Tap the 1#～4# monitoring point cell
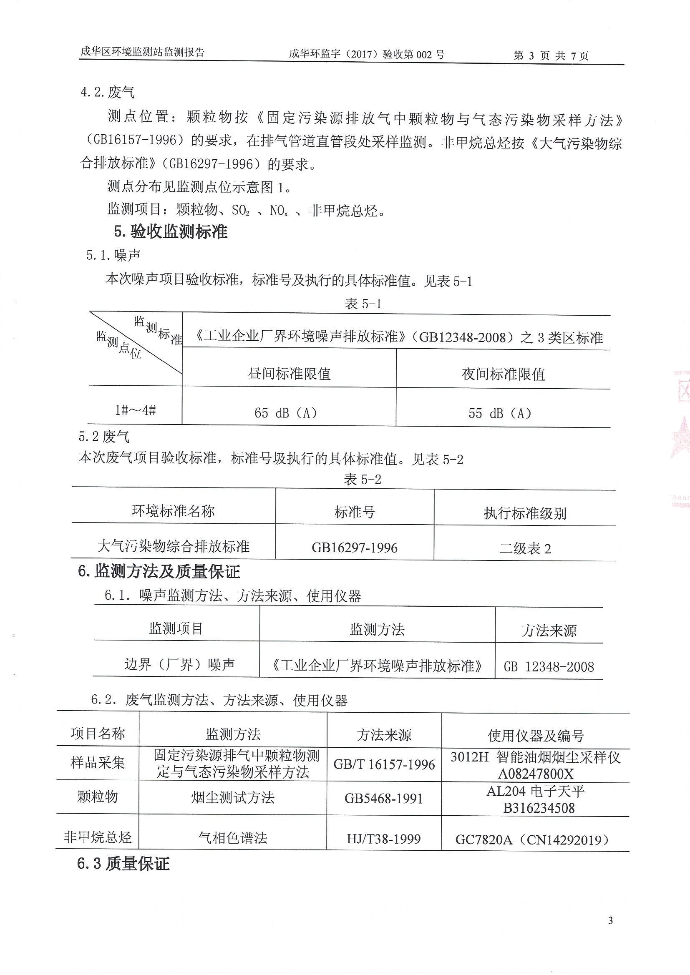(x=135, y=411)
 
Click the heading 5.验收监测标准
(x=170, y=231)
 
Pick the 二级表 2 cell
(x=525, y=549)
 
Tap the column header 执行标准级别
(x=525, y=513)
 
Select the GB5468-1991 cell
(x=384, y=798)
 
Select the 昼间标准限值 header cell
(x=289, y=374)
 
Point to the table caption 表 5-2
(x=362, y=480)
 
